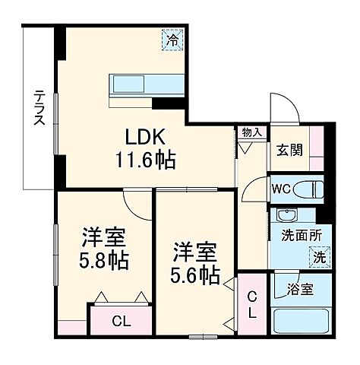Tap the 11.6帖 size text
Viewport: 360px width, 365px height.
coord(146,160)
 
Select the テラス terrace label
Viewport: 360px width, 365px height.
coord(39,108)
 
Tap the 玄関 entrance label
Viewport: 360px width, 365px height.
coord(289,149)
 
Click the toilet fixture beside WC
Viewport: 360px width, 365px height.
coord(308,189)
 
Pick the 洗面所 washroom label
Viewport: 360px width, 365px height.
coord(292,235)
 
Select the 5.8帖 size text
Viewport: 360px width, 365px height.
coord(103,259)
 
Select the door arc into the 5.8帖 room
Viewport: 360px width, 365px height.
coord(137,201)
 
